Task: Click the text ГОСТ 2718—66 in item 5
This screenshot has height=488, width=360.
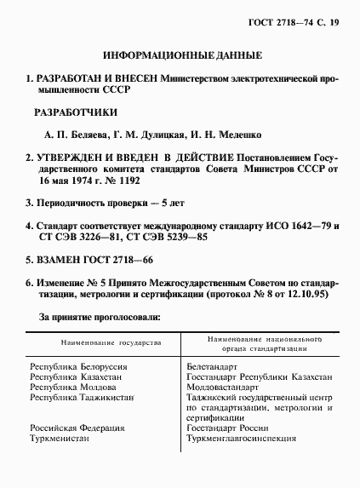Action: tap(117, 259)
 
